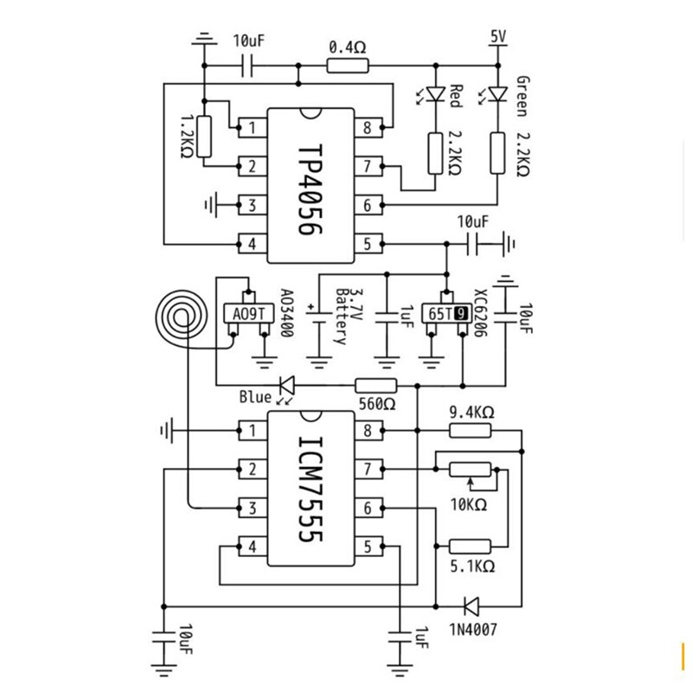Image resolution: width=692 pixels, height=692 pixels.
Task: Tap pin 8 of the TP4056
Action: click(368, 128)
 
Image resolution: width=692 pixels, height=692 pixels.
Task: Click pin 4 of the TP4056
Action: click(252, 244)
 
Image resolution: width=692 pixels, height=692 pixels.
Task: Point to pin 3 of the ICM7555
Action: click(252, 508)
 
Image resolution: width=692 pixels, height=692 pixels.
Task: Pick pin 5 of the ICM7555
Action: click(368, 547)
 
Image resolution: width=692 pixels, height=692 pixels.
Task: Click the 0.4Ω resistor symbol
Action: click(347, 65)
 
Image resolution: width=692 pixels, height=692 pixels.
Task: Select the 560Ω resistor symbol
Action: click(376, 385)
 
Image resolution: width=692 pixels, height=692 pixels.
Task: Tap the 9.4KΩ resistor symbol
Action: click(470, 430)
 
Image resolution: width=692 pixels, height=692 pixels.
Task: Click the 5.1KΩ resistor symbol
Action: click(470, 546)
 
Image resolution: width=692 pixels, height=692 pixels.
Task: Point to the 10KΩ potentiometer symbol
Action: click(470, 470)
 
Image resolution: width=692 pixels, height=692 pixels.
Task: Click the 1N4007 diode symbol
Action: click(472, 605)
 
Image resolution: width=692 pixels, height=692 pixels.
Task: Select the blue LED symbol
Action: click(285, 385)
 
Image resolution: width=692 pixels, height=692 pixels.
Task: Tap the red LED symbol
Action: click(435, 93)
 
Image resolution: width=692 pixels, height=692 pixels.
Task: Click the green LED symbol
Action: click(497, 93)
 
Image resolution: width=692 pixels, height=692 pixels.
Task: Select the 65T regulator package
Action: click(446, 314)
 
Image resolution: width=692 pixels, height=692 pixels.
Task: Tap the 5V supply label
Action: click(497, 36)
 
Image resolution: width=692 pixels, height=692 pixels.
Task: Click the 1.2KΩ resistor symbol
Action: click(204, 136)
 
